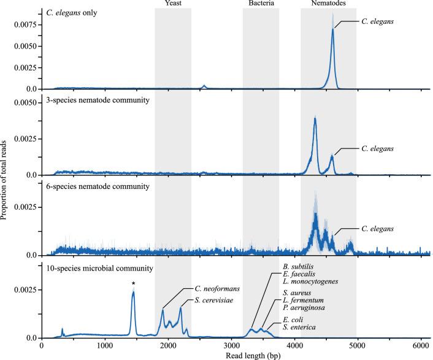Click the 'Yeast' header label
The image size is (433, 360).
point(172,4)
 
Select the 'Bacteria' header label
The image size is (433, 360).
point(261,4)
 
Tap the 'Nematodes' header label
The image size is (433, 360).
point(328,4)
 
